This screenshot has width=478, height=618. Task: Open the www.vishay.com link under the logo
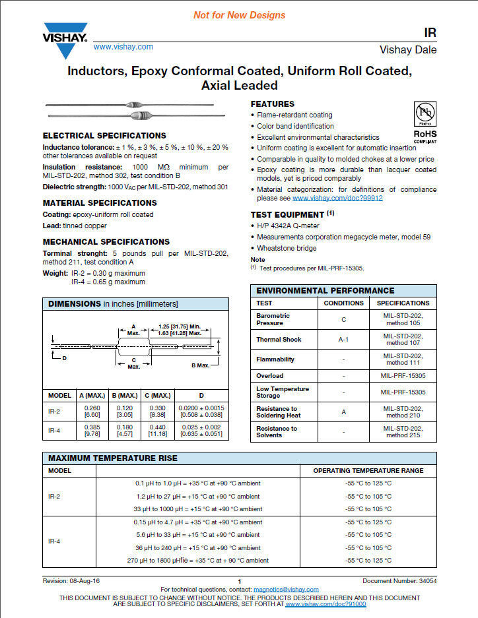coord(123,47)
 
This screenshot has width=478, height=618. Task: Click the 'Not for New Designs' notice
coord(239,15)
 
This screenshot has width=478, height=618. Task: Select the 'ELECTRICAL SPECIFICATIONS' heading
coord(104,136)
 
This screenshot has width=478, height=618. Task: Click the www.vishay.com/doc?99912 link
coord(337,198)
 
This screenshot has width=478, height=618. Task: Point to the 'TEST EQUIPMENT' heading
coord(287,215)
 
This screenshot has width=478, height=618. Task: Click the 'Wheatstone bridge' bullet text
coord(287,248)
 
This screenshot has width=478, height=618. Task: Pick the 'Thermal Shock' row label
coord(279,340)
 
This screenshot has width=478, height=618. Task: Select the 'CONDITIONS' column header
coord(343,303)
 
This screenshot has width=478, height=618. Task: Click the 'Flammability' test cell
coord(275,359)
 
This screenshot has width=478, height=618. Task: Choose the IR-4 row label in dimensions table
coord(55,430)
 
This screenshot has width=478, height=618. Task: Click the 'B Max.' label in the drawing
coord(200,365)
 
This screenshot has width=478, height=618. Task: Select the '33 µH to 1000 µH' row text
coord(197,509)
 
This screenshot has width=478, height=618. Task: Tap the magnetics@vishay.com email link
coord(286,590)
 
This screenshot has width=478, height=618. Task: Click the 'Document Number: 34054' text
coord(399,581)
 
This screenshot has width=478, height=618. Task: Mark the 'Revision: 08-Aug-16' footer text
coord(71,581)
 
